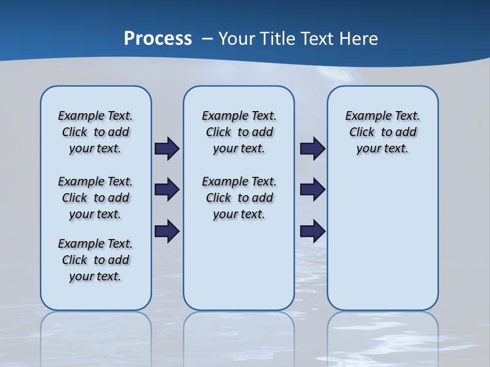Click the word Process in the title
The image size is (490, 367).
[x=158, y=38]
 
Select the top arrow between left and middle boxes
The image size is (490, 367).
[x=167, y=149]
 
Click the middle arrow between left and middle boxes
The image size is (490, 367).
[x=167, y=190]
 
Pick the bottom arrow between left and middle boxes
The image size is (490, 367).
[x=167, y=231]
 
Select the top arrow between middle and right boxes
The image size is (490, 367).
[x=312, y=149]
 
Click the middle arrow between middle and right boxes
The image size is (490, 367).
[x=312, y=190]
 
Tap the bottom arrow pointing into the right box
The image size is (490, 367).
[x=312, y=231]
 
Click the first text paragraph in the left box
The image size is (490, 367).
[x=95, y=132]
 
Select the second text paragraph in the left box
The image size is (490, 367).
[x=95, y=198]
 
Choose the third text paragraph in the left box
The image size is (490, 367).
[x=95, y=260]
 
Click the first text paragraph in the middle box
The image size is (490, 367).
[x=239, y=132]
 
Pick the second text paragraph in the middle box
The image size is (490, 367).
[x=239, y=198]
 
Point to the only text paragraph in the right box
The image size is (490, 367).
[x=382, y=132]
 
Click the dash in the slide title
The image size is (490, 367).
[x=207, y=39]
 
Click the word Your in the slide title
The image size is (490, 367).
[x=238, y=38]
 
